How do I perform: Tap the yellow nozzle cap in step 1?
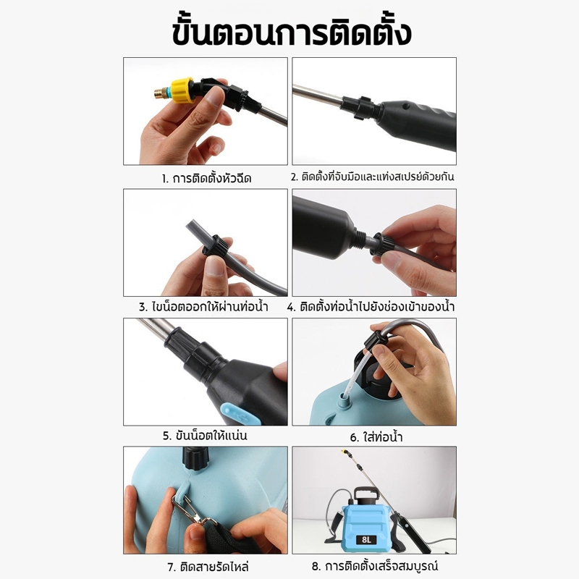[x=182, y=90]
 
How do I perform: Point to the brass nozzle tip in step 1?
[x=160, y=93]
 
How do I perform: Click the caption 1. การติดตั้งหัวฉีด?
[x=206, y=178]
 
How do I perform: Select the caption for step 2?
[x=372, y=177]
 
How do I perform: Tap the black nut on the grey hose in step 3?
[x=214, y=246]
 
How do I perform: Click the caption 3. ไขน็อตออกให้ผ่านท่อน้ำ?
[x=204, y=307]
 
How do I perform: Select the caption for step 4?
[x=371, y=307]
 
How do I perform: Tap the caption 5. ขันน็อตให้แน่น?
[x=205, y=436]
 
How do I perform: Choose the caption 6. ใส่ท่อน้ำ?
[x=376, y=438]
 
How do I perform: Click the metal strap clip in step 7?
[x=191, y=510]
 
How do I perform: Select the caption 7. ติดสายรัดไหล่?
[x=208, y=567]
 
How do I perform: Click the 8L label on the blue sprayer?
[x=366, y=540]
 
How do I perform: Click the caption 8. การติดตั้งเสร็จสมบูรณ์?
[x=374, y=566]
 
